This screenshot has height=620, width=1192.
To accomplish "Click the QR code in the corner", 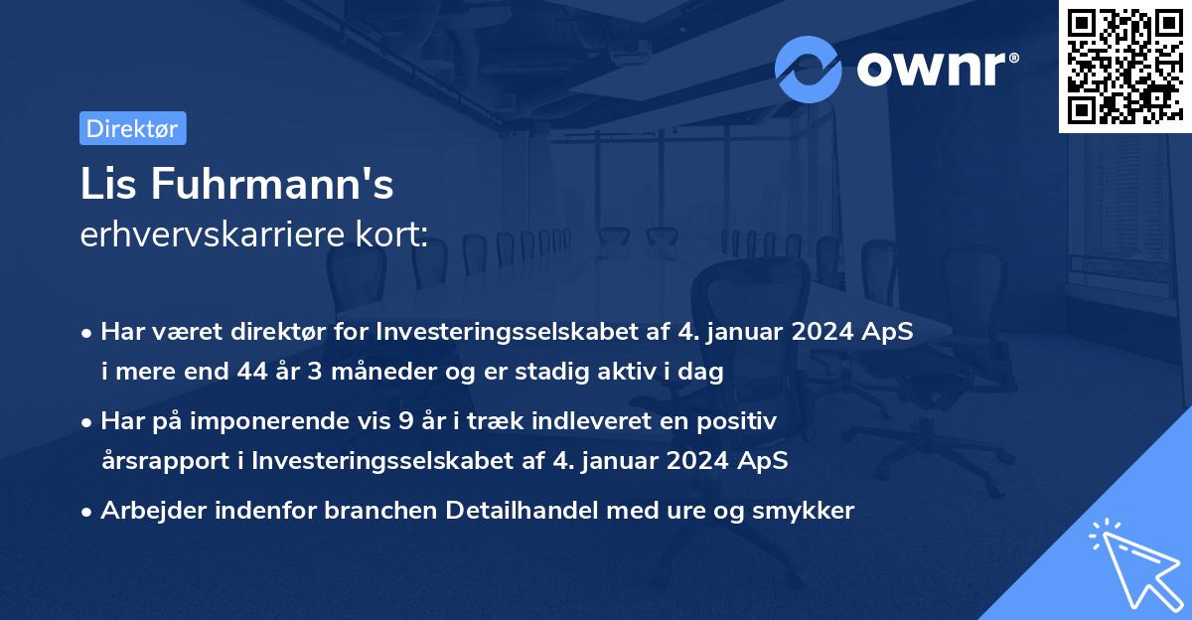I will [x=1124, y=67].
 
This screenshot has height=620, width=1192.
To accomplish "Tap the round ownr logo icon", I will [x=809, y=69].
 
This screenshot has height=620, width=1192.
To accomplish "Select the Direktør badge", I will [x=132, y=128].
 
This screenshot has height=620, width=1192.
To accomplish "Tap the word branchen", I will [x=382, y=511].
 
